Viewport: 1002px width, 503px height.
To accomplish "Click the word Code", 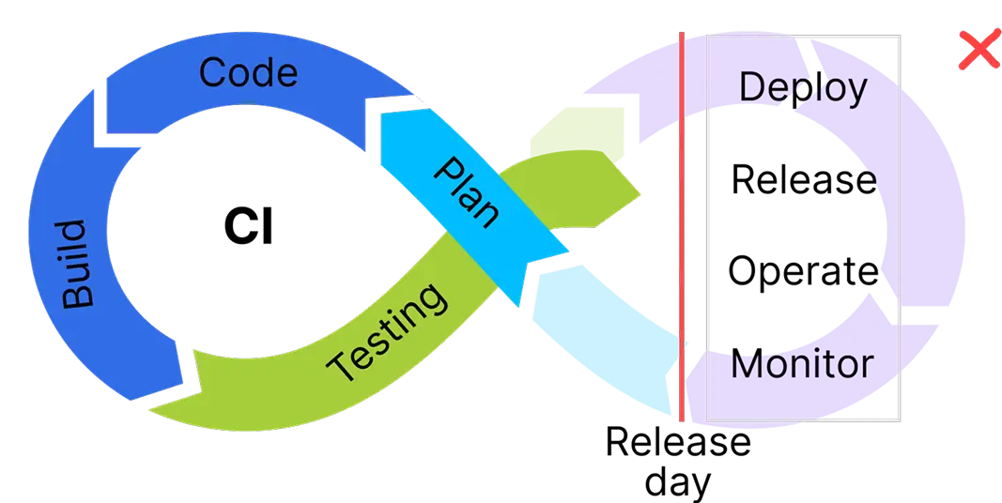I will coord(248,73).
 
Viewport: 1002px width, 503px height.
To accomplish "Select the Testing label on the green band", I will coord(388,332).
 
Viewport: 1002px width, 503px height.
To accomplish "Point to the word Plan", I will coord(467,193).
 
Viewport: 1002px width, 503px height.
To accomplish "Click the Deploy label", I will coord(803,88).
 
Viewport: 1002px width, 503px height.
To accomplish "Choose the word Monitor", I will coord(802,364).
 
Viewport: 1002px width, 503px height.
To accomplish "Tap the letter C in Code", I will coord(215,73).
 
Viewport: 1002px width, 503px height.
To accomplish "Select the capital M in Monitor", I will coord(748,364).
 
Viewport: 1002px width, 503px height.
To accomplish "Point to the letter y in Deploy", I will coord(856,91).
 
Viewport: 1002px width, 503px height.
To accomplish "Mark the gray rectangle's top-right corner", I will coord(899,37).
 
